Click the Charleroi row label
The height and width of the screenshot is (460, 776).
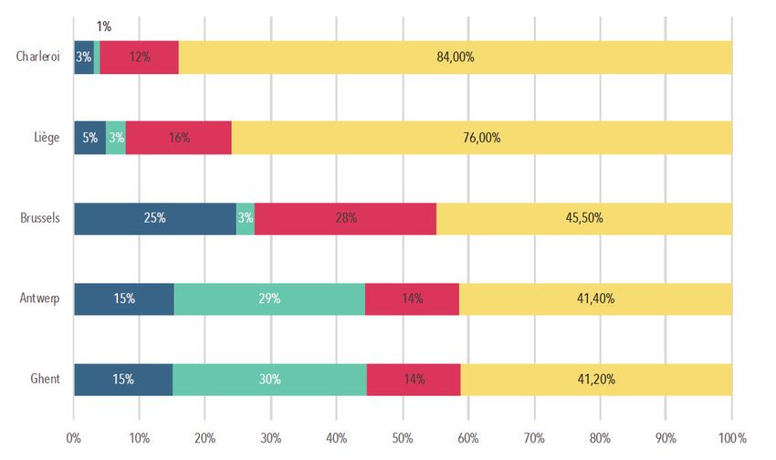tap(37, 57)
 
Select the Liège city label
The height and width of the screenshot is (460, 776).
tap(44, 138)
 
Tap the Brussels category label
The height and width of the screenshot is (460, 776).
tap(40, 218)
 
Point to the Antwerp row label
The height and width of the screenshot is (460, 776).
tap(39, 298)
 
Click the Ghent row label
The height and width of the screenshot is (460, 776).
tap(46, 379)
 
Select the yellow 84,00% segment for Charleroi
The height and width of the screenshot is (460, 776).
tap(455, 57)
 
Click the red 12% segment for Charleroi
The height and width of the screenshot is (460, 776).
tap(139, 57)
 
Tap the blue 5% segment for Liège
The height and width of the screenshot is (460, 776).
tap(89, 138)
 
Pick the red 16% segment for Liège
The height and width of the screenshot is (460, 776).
tap(178, 138)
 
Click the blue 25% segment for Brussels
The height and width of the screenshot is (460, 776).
tap(154, 218)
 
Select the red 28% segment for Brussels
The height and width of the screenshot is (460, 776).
tap(345, 218)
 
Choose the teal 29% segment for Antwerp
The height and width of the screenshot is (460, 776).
tap(269, 298)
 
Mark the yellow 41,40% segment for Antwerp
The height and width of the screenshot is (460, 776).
tap(595, 298)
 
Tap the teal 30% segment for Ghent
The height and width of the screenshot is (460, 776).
tap(269, 379)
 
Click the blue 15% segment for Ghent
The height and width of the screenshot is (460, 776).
tap(123, 379)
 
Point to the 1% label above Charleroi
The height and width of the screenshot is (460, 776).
tap(103, 27)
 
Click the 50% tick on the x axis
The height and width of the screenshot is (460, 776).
tap(403, 437)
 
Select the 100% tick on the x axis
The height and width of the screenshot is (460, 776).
tap(732, 437)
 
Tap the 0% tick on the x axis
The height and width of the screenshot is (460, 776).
tap(74, 437)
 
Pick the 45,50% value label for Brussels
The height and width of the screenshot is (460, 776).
tap(584, 218)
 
